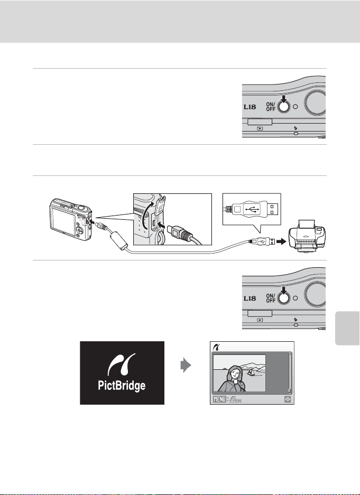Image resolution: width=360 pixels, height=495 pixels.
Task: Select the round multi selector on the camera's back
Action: click(x=79, y=230)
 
